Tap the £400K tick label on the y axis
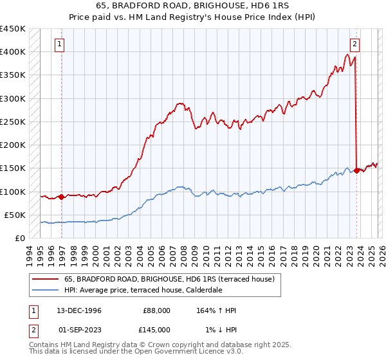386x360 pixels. tap(13, 52)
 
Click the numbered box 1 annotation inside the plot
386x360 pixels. tap(59, 44)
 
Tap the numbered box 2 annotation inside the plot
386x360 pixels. tap(354, 44)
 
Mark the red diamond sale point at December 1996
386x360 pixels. tap(62, 197)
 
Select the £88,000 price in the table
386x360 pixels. tap(156, 310)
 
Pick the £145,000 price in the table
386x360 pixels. tap(156, 330)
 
